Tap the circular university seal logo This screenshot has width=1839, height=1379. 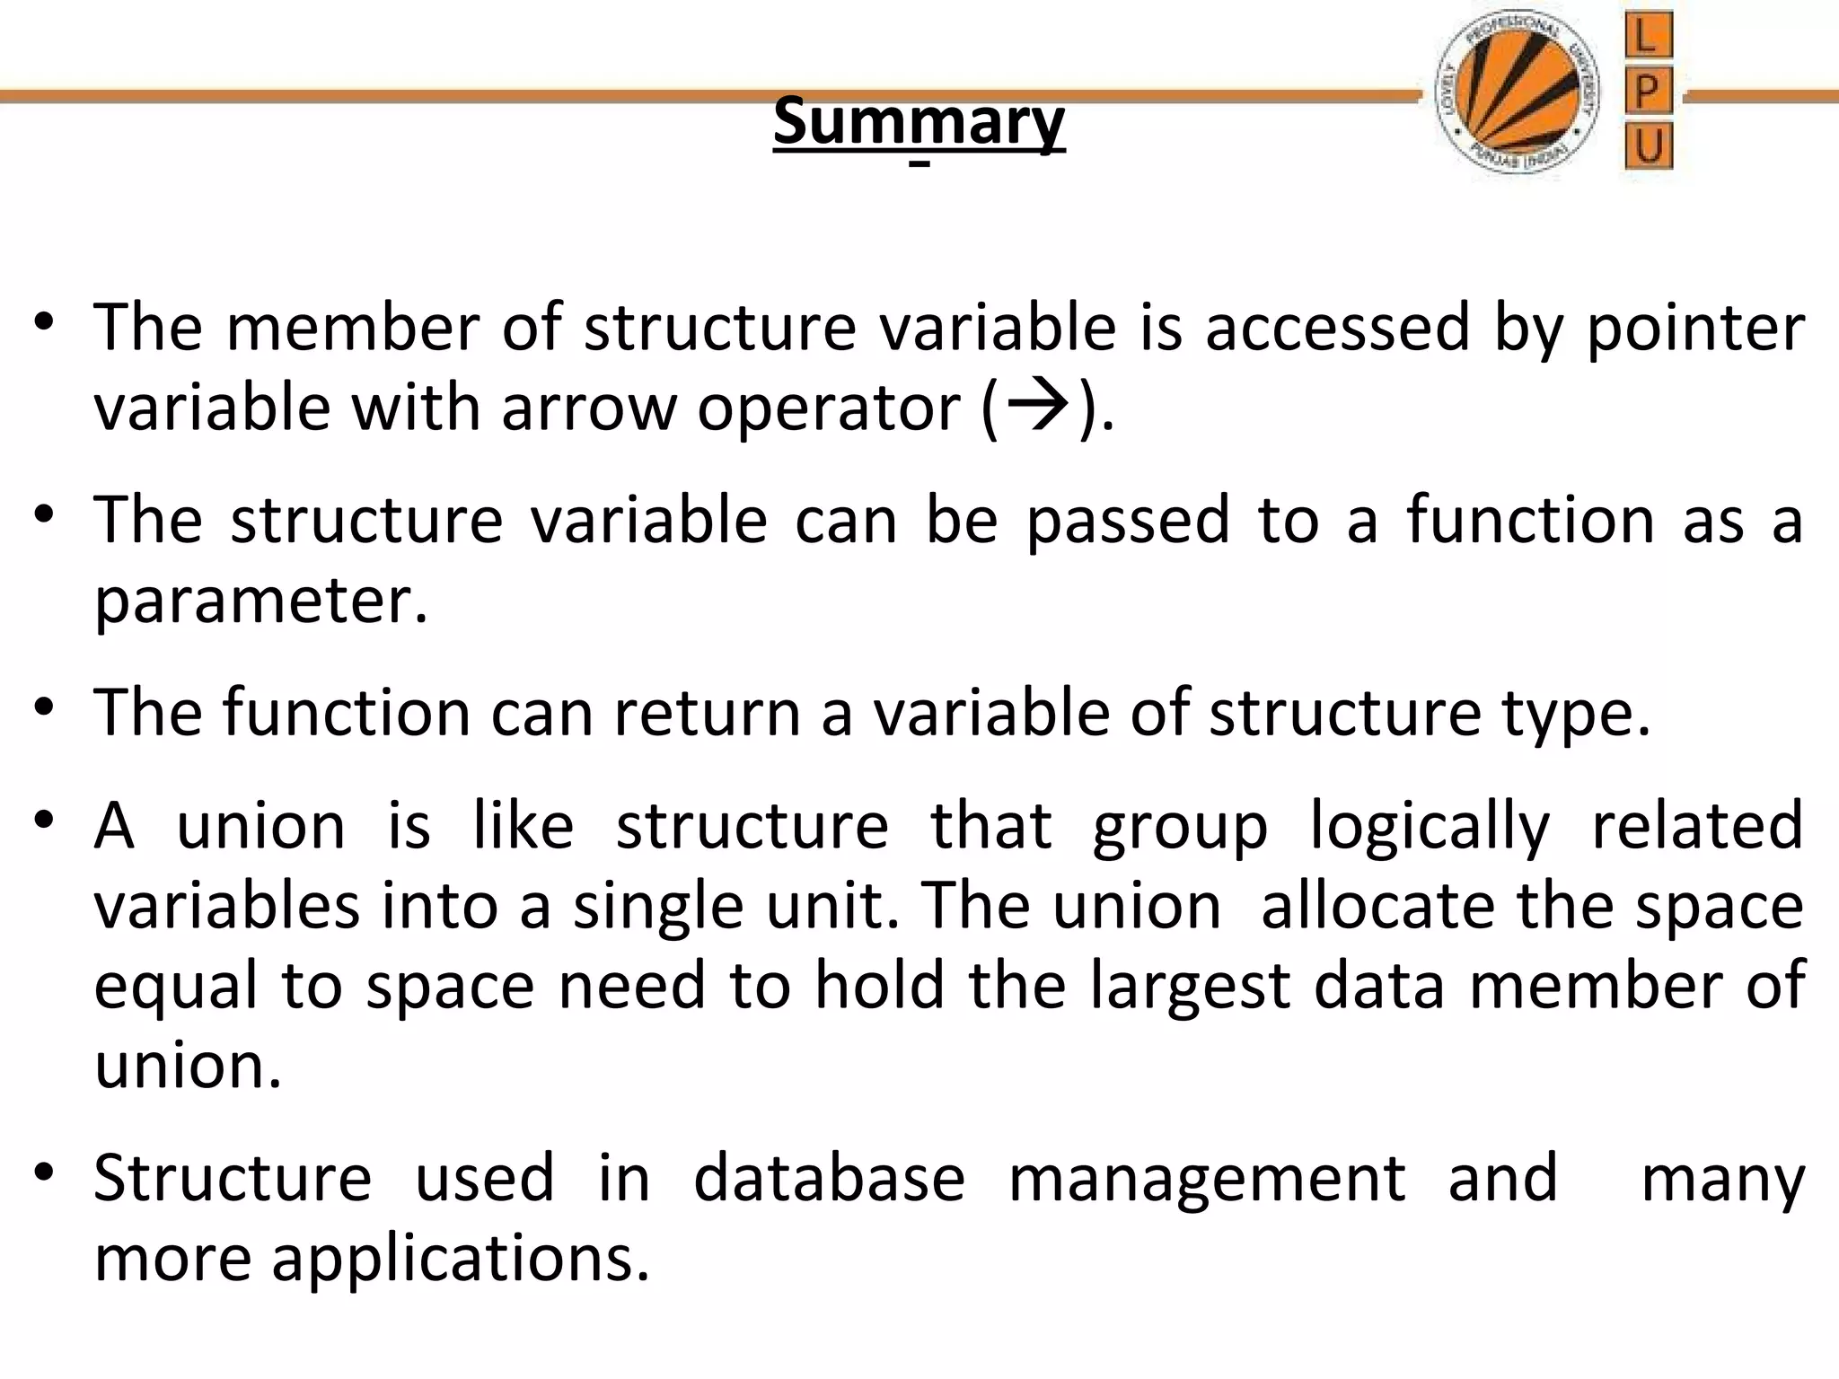1517,94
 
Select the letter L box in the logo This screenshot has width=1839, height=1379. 1648,37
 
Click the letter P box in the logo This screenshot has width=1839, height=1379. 1648,92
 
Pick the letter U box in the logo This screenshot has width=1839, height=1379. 1648,145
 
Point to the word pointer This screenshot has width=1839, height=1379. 1695,329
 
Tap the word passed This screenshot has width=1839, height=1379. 1127,521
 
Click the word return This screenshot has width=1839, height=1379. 706,713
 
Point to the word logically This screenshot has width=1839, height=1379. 1430,826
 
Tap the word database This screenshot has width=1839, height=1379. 829,1178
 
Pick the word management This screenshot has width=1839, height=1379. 1207,1180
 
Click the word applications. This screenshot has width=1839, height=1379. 460,1259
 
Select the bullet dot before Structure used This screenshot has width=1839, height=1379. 45,1173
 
